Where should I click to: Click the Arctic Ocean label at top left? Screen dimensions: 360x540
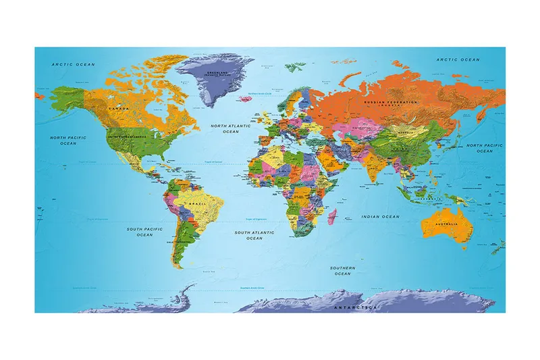pyautogui.click(x=74, y=64)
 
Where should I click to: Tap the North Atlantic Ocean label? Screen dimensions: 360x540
pyautogui.click(x=230, y=128)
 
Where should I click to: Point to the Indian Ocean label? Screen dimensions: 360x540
pyautogui.click(x=381, y=216)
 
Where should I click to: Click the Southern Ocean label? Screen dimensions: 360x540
pyautogui.click(x=343, y=270)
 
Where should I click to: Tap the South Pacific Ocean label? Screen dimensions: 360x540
pyautogui.click(x=144, y=232)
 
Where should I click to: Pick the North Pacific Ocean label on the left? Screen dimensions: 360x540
pyautogui.click(x=68, y=140)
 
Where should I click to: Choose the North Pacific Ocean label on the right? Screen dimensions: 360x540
pyautogui.click(x=484, y=148)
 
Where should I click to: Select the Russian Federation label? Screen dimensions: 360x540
pyautogui.click(x=391, y=103)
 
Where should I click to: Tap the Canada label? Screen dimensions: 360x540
pyautogui.click(x=119, y=108)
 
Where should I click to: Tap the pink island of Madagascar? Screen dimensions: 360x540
pyautogui.click(x=332, y=216)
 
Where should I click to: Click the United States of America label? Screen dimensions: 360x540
pyautogui.click(x=128, y=137)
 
